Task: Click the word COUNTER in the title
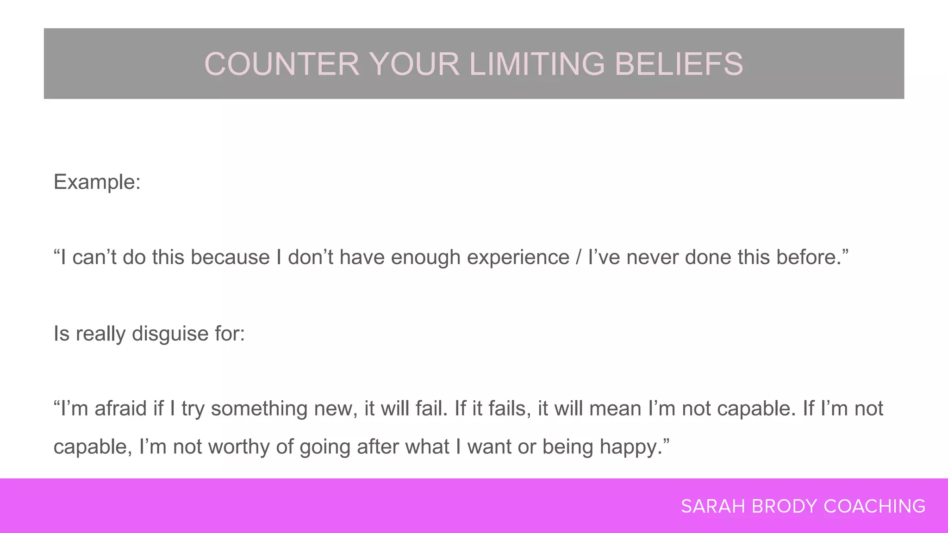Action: [281, 64]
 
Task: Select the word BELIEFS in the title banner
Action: [679, 64]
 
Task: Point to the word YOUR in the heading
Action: [414, 64]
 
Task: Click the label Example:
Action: [97, 182]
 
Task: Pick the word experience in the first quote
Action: [518, 258]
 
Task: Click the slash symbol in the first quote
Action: [579, 258]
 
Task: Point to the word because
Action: [230, 258]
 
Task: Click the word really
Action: [100, 334]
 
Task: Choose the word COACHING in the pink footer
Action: [874, 507]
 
